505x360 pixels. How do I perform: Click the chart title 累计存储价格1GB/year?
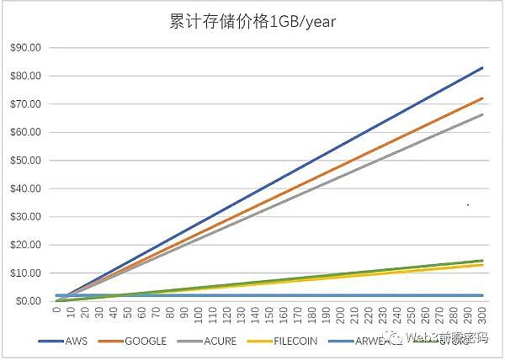pyautogui.click(x=252, y=21)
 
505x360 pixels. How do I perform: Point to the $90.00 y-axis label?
pyautogui.click(x=26, y=48)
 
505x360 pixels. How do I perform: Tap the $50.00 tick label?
pyautogui.click(x=26, y=161)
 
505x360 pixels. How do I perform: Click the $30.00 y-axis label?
pyautogui.click(x=26, y=217)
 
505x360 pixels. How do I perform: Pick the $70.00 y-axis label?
pyautogui.click(x=26, y=104)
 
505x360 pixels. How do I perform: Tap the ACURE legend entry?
pyautogui.click(x=221, y=341)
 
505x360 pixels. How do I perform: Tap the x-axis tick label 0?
pyautogui.click(x=56, y=313)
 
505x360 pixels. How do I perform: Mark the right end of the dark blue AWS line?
pyautogui.click(x=482, y=67)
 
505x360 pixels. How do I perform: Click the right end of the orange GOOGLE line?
pyautogui.click(x=482, y=98)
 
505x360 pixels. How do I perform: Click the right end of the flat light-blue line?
pyautogui.click(x=482, y=295)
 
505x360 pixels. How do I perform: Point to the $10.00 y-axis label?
pyautogui.click(x=26, y=273)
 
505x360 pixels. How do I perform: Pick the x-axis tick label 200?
pyautogui.click(x=340, y=316)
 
